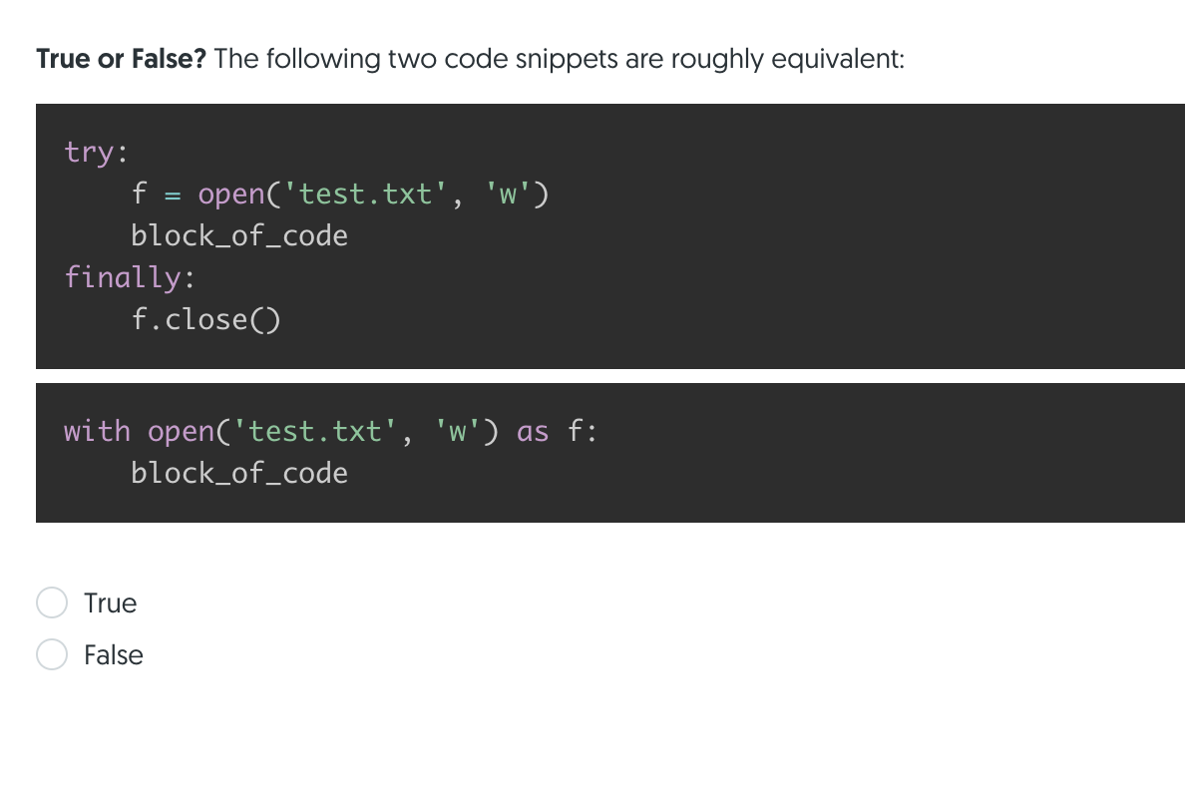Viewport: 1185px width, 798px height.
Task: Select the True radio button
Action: coord(52,602)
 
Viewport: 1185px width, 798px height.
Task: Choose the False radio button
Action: coord(52,654)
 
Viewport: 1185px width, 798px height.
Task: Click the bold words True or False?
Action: coord(121,59)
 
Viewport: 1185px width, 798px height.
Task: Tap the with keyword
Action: coord(97,431)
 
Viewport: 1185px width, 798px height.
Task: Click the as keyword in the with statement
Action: coord(533,431)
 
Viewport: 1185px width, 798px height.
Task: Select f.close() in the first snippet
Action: coord(205,319)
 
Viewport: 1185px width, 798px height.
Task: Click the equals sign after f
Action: coord(173,194)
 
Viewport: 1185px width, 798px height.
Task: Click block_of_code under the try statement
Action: coord(239,236)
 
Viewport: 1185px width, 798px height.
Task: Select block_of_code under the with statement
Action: coord(239,473)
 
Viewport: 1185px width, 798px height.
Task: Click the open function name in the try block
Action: coord(231,194)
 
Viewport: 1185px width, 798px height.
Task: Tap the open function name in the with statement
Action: coord(181,431)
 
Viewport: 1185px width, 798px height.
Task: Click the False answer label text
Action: coord(114,654)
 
